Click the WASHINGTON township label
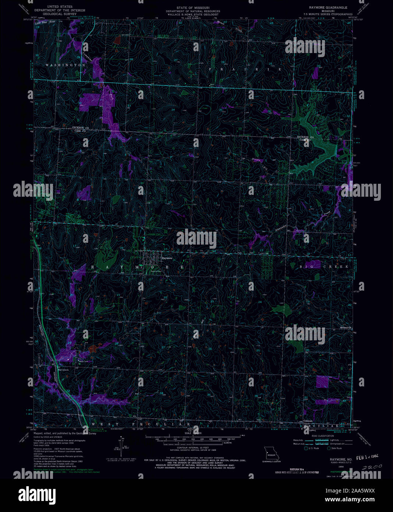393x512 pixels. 65,65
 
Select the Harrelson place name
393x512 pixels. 63,370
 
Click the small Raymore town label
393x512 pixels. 167,258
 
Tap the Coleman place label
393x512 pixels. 308,420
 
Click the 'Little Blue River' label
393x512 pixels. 44,23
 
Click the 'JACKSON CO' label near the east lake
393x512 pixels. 305,137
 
